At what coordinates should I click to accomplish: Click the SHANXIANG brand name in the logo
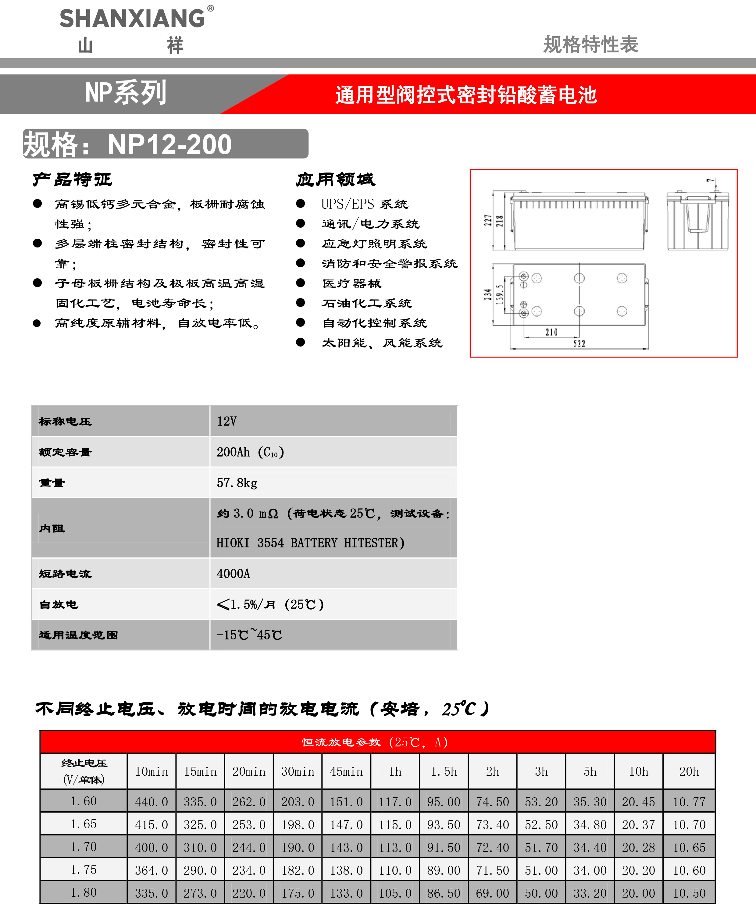point(132,19)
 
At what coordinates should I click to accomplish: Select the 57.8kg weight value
point(237,483)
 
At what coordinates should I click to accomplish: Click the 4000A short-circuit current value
point(233,574)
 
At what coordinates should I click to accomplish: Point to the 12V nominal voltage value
point(226,422)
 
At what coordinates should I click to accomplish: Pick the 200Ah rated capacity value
point(233,452)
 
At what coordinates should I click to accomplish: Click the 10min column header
point(152,772)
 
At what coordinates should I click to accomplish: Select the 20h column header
point(689,772)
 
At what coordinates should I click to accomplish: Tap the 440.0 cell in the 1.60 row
point(152,802)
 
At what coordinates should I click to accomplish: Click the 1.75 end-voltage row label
point(84,870)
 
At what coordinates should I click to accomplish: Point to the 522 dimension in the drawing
point(579,343)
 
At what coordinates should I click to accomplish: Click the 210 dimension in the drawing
point(551,332)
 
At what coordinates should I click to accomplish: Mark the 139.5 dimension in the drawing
point(499,294)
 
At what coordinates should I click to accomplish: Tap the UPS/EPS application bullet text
point(364,204)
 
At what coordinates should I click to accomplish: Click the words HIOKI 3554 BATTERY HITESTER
point(310,543)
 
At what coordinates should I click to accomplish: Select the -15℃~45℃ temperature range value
point(249,635)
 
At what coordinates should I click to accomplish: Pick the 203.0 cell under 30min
point(298,802)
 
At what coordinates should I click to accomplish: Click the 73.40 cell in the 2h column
point(493,825)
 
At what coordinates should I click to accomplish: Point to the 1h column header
point(395,772)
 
